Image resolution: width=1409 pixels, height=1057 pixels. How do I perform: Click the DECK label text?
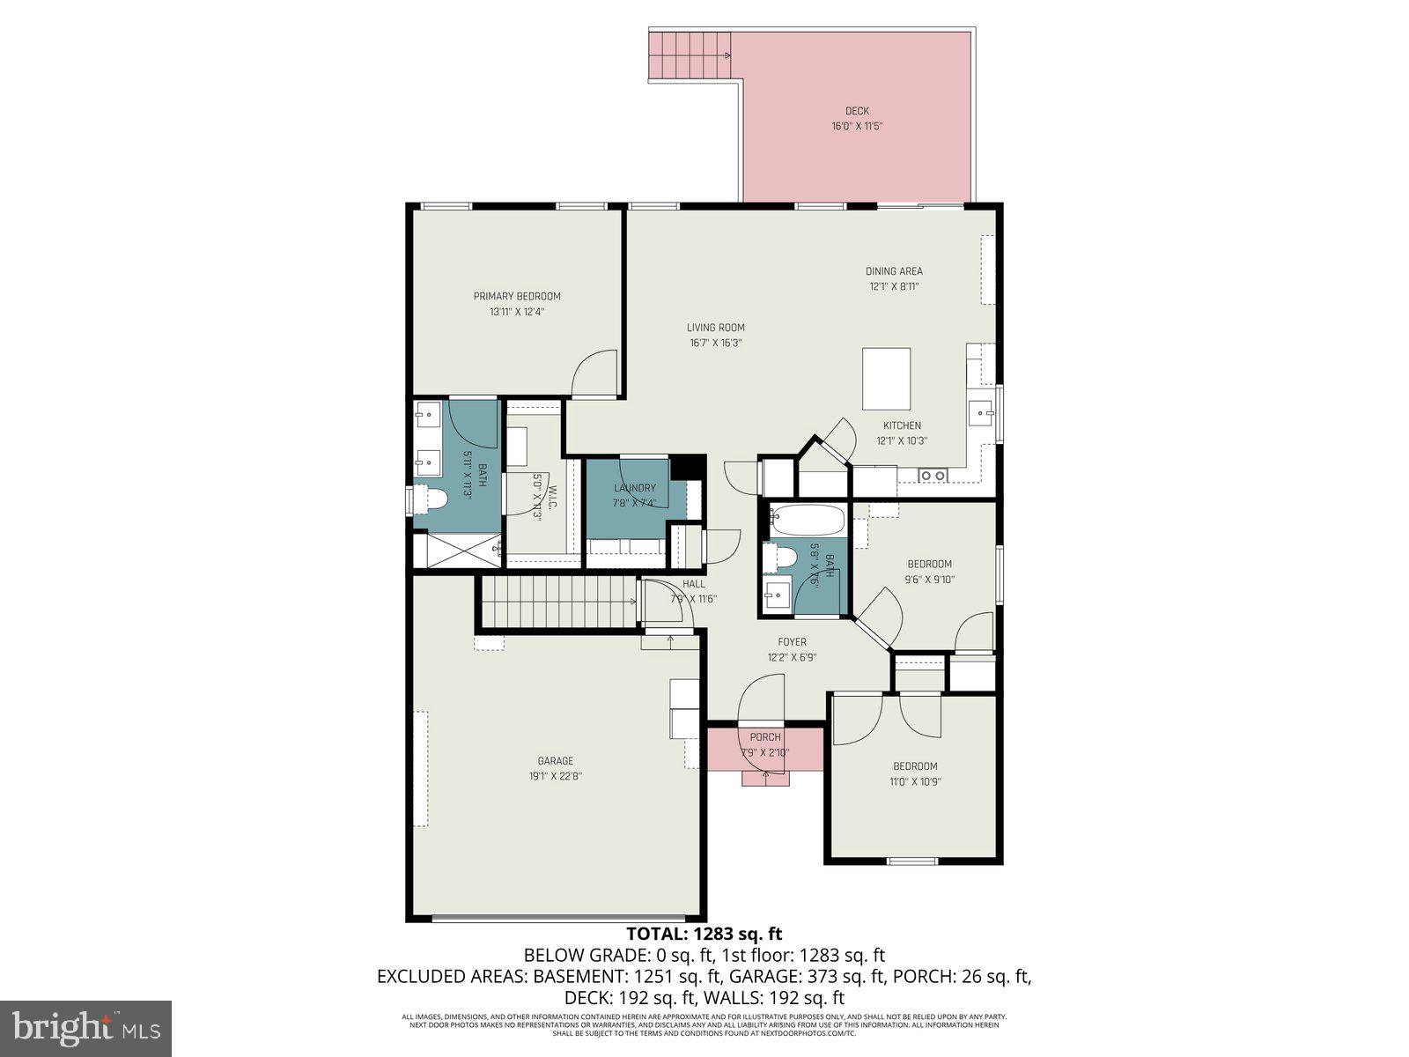[857, 111]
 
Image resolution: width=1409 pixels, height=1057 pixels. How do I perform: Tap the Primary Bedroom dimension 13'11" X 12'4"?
[517, 312]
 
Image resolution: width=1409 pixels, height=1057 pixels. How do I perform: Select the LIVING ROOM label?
[715, 328]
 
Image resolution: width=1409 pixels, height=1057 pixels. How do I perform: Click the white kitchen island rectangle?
[886, 379]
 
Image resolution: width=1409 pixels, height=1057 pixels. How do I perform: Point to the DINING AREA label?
[894, 271]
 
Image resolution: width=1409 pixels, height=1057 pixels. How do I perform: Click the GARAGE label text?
[555, 761]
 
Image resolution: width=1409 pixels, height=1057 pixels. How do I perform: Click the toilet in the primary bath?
[433, 499]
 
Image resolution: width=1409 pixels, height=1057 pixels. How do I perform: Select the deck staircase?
[690, 55]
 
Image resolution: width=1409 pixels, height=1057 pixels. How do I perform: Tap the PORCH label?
[765, 737]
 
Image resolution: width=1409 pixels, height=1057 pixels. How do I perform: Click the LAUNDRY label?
[634, 488]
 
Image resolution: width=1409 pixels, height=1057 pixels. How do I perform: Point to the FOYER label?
[792, 642]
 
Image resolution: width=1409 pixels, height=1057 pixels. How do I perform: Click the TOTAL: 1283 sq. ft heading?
[704, 934]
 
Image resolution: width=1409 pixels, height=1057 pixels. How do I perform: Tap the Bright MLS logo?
[85, 1028]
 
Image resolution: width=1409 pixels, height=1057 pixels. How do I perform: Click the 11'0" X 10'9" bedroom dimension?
[915, 781]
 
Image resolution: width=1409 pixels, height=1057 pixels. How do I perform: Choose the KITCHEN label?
[902, 425]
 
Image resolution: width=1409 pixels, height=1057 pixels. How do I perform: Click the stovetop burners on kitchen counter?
[933, 476]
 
